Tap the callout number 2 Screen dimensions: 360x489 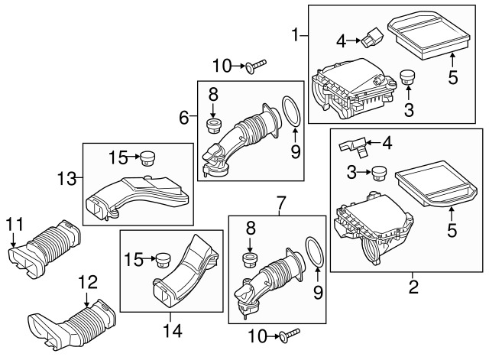click(413, 288)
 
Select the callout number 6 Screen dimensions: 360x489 click(184, 118)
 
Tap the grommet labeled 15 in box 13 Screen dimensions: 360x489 click(146, 158)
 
